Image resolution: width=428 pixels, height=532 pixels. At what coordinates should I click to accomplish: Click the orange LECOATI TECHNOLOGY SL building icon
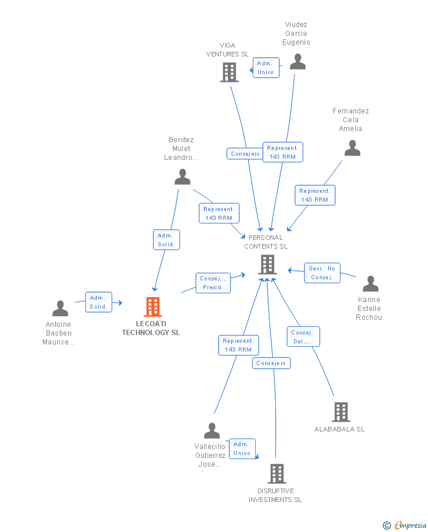(152, 306)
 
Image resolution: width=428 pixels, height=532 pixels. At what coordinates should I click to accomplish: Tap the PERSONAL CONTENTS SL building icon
(267, 265)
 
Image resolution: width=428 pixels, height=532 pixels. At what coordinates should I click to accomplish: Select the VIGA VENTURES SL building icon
(229, 72)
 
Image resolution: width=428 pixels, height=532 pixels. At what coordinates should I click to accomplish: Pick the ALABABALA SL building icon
(340, 412)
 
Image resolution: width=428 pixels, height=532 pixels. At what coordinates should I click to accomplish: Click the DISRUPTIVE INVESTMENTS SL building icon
(276, 473)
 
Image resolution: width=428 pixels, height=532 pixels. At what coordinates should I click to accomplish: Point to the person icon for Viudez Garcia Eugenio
(297, 61)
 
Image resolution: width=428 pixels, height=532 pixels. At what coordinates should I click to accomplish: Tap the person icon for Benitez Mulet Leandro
(182, 176)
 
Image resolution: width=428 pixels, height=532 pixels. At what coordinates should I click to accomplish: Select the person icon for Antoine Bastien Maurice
(60, 308)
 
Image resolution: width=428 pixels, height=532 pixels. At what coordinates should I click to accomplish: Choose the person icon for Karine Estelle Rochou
(370, 284)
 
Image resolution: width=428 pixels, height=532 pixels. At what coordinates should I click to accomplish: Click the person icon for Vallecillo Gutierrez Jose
(212, 431)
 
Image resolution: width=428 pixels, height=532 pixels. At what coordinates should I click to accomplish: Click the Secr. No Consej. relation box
(322, 273)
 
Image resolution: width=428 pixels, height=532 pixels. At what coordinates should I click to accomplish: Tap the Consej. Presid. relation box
(212, 283)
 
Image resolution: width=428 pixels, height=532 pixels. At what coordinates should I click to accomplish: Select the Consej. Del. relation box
(303, 337)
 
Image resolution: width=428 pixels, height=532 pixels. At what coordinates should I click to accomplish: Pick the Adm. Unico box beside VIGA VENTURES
(266, 68)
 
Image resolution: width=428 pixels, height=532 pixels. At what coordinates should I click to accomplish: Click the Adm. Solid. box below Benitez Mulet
(166, 240)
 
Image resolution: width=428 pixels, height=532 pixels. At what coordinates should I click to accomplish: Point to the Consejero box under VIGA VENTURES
(245, 154)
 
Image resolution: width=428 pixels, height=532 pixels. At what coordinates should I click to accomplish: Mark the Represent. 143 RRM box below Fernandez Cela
(315, 195)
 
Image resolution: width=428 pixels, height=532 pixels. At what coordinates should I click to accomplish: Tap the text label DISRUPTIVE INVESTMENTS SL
(275, 496)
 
